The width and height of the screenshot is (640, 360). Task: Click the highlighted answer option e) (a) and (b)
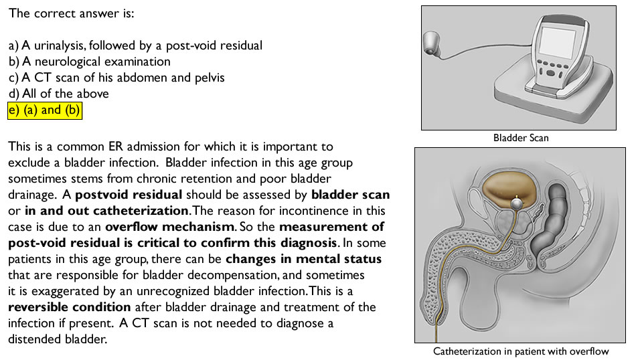pyautogui.click(x=45, y=110)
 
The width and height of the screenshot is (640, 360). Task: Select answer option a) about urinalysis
pyautogui.click(x=135, y=46)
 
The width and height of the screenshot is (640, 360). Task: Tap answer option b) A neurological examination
pyautogui.click(x=90, y=62)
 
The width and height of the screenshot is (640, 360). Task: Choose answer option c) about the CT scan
pyautogui.click(x=116, y=78)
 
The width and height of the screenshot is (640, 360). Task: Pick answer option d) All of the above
pyautogui.click(x=58, y=94)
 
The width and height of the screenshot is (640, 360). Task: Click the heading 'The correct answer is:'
pyautogui.click(x=72, y=13)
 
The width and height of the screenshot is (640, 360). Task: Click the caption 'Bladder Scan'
pyautogui.click(x=521, y=138)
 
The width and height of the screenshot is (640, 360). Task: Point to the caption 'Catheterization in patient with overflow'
pyautogui.click(x=521, y=351)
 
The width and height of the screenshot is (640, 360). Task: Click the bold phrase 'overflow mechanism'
pyautogui.click(x=170, y=227)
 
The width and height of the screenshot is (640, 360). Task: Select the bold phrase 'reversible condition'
pyautogui.click(x=70, y=307)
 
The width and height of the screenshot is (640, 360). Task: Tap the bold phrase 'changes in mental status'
pyautogui.click(x=304, y=259)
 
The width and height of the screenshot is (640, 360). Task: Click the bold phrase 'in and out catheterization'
pyautogui.click(x=107, y=211)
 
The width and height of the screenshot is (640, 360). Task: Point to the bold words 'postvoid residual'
pyautogui.click(x=129, y=195)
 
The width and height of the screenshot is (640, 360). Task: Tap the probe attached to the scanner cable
pyautogui.click(x=432, y=42)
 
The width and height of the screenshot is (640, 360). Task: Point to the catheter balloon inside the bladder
pyautogui.click(x=516, y=203)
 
